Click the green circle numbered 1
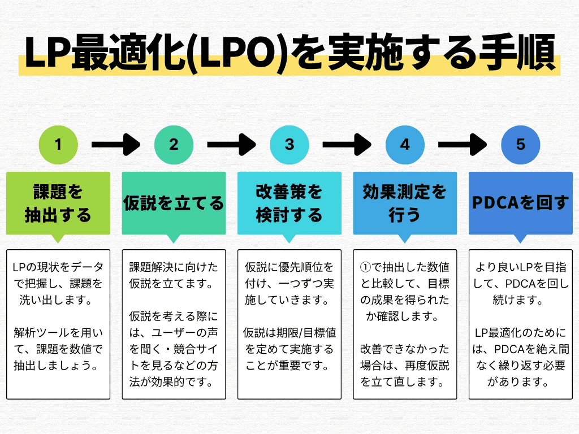click(x=58, y=144)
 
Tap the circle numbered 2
click(x=174, y=144)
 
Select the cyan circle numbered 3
click(x=289, y=144)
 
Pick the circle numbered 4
click(x=405, y=144)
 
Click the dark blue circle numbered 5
click(x=521, y=144)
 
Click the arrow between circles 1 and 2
click(x=115, y=144)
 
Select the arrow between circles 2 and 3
click(x=231, y=144)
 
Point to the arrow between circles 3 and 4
click(x=347, y=144)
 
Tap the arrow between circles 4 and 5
click(x=463, y=144)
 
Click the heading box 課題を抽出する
click(x=58, y=203)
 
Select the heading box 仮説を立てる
click(x=174, y=203)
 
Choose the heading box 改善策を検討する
click(x=289, y=203)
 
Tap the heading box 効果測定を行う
click(x=405, y=203)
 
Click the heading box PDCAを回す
click(x=521, y=203)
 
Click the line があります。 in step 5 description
click(x=521, y=382)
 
